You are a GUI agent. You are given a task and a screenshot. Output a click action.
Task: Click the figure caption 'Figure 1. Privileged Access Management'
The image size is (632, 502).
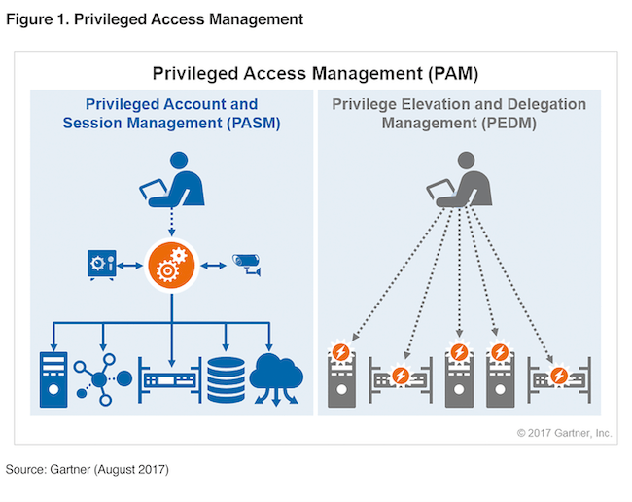155,18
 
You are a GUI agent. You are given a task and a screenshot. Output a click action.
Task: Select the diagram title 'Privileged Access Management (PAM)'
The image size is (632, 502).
315,73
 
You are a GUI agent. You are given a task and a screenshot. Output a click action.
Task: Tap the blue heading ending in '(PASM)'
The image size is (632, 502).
172,114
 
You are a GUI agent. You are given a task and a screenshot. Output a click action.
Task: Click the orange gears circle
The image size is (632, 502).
172,264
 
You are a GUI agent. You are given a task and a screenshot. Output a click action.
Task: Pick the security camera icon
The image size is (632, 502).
244,263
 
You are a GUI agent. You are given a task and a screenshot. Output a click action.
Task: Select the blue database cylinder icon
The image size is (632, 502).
225,378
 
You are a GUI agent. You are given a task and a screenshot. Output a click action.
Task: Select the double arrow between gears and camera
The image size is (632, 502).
213,263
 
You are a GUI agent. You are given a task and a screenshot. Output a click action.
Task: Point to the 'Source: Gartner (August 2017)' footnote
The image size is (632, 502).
88,470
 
